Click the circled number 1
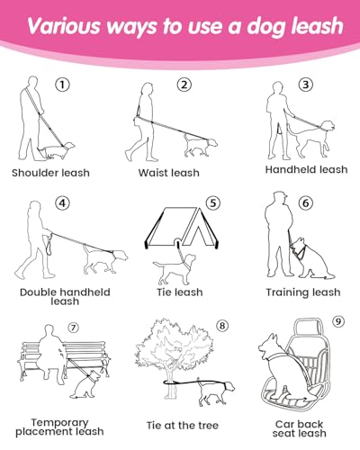62,85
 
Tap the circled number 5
212,203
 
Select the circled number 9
338,321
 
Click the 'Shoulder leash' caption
50,173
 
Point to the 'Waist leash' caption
169,173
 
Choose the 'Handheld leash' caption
306,169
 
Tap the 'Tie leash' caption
180,292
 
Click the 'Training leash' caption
303,292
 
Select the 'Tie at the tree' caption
183,426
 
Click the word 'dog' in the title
265,27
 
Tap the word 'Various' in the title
64,26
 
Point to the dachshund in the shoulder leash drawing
57,150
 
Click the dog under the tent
175,269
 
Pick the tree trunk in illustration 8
171,383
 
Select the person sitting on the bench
52,354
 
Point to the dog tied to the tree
216,393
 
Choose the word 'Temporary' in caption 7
59,422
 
